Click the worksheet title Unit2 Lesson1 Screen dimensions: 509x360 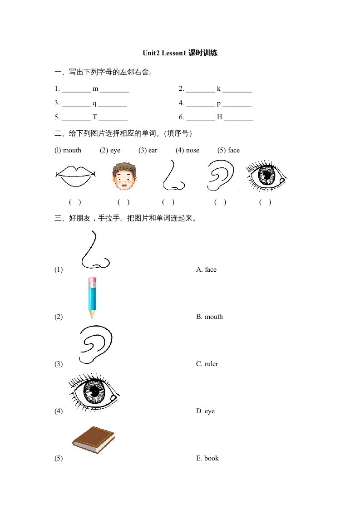tap(180, 53)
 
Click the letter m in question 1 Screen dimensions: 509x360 tap(95, 88)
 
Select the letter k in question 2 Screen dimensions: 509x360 tap(218, 88)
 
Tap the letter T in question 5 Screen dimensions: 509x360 tap(95, 117)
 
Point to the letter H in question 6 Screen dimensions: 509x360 tap(219, 117)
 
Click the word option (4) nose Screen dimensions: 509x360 tap(187, 150)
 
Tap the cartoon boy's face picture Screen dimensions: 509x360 tap(123, 176)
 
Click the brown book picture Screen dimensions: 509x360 tap(94, 439)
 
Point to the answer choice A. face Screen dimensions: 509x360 tap(206, 269)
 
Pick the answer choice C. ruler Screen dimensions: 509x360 tap(207, 364)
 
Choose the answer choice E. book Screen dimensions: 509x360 tap(207, 458)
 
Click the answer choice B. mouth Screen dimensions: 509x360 tap(209, 317)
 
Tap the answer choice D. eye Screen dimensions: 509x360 tap(205, 411)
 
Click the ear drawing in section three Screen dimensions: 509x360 tap(96, 344)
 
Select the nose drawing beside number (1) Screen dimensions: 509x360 tap(94, 250)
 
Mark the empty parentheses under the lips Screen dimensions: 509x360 tap(75, 202)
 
